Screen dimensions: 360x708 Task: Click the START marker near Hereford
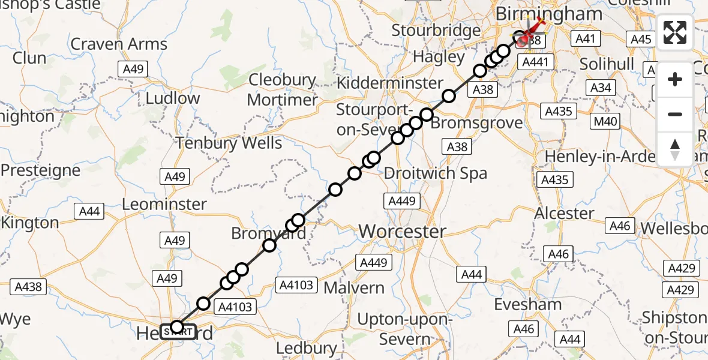pyautogui.click(x=178, y=331)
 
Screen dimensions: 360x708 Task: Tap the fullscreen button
pyautogui.click(x=675, y=32)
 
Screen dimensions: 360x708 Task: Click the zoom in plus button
pyautogui.click(x=675, y=79)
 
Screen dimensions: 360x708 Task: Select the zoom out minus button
pyautogui.click(x=675, y=114)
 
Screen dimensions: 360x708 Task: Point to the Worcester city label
pyautogui.click(x=402, y=231)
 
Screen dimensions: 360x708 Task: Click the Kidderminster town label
pyautogui.click(x=390, y=83)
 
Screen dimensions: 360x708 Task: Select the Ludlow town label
pyautogui.click(x=173, y=98)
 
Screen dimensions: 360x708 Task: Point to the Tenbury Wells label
pyautogui.click(x=228, y=143)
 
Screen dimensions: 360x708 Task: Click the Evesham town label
pyautogui.click(x=528, y=304)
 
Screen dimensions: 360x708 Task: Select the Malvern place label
pyautogui.click(x=354, y=288)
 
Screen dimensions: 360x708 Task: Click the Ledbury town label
pyautogui.click(x=307, y=348)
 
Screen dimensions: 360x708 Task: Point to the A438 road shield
pyautogui.click(x=28, y=287)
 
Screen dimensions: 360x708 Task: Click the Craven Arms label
pyautogui.click(x=118, y=44)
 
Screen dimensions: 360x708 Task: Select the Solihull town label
pyautogui.click(x=608, y=63)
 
